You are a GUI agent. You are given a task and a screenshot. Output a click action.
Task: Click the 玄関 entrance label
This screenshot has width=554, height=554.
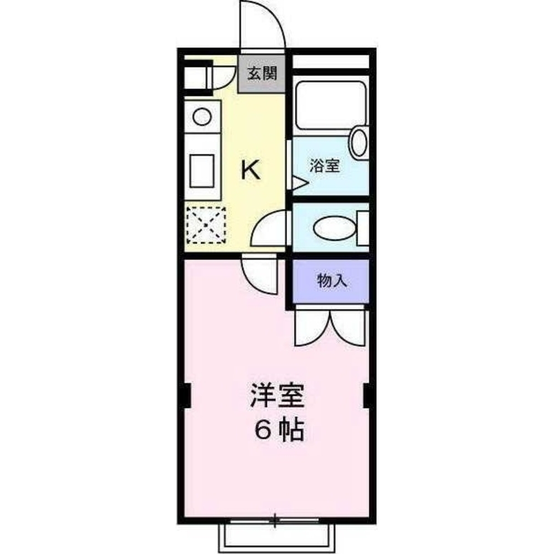click(x=261, y=74)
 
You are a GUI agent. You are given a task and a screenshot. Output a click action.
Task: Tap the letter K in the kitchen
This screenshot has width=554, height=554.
click(x=251, y=169)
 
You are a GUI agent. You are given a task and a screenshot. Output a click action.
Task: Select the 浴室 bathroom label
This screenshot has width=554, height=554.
click(x=325, y=166)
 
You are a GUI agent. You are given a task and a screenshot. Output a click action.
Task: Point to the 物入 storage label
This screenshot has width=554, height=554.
click(x=332, y=281)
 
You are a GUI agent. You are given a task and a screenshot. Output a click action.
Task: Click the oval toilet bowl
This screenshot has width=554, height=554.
click(x=334, y=228)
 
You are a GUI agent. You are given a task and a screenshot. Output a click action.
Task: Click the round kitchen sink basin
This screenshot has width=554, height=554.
click(x=202, y=116)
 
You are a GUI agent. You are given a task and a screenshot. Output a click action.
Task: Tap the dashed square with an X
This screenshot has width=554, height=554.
click(x=206, y=225)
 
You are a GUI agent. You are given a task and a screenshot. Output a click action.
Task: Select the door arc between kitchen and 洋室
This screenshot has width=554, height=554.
click(x=260, y=274)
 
